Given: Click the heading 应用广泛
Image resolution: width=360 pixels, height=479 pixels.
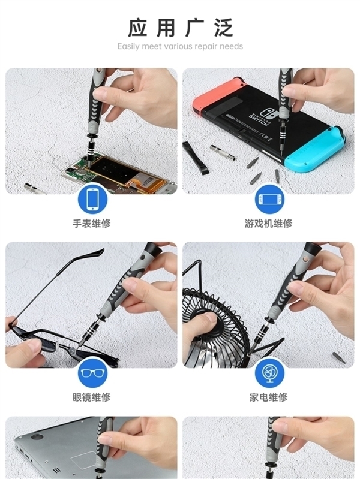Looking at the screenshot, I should coord(180,28).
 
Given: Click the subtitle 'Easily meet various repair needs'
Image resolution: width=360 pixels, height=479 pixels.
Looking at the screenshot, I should coord(180,46).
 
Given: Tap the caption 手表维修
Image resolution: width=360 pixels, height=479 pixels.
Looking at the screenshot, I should coord(91,224).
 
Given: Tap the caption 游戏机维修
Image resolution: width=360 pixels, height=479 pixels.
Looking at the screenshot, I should coord(268,224).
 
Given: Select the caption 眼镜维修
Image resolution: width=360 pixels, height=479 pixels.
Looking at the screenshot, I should coord(91,397).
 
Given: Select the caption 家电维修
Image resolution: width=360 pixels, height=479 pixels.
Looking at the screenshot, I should coord(268,397).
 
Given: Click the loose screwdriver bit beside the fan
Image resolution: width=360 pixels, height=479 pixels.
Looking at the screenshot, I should coord(339,359).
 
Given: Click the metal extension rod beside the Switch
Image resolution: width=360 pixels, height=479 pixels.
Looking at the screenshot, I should coord(223,152).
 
